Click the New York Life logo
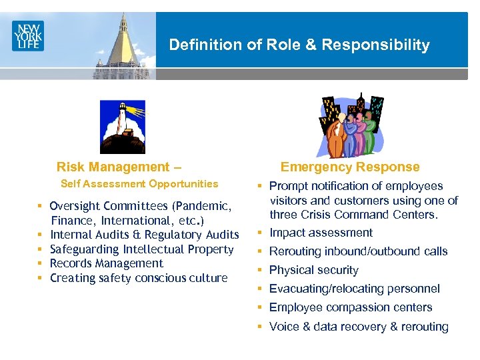pos(27,35)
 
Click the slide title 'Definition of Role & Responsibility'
pos(299,45)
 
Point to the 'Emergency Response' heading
pos(350,167)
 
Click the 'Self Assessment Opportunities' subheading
pos(139,184)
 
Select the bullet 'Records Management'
pos(107,263)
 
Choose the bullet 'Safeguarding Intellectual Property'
pos(142,249)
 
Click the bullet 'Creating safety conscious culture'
pos(139,278)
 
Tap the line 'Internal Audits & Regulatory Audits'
pos(144,235)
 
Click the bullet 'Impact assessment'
pos(321,233)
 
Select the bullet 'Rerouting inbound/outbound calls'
pos(358,251)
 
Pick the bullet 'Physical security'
pos(313,270)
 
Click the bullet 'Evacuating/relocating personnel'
pos(354,289)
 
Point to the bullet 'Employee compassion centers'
pos(351,307)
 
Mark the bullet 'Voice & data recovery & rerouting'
pos(359,327)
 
